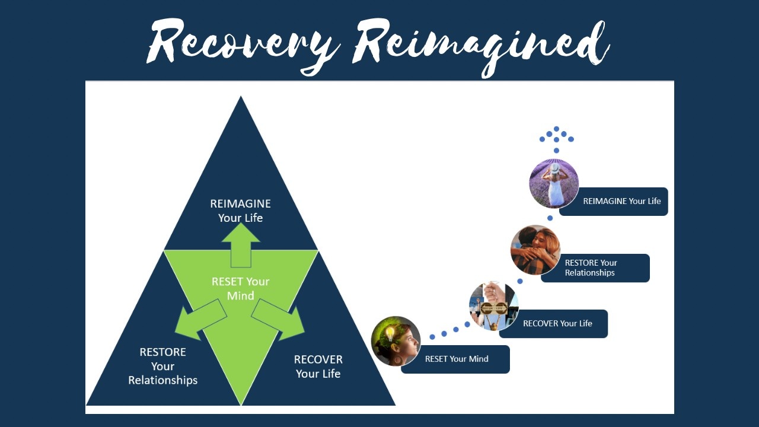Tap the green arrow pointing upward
[241, 244]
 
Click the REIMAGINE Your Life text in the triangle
[241, 211]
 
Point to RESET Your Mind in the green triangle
[241, 288]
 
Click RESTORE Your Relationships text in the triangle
[163, 366]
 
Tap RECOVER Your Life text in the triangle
[318, 367]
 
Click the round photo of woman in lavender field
[554, 184]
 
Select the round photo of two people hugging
[535, 250]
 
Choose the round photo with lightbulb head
[396, 341]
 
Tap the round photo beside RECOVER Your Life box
[493, 306]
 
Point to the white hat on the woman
[554, 168]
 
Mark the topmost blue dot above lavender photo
[556, 129]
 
